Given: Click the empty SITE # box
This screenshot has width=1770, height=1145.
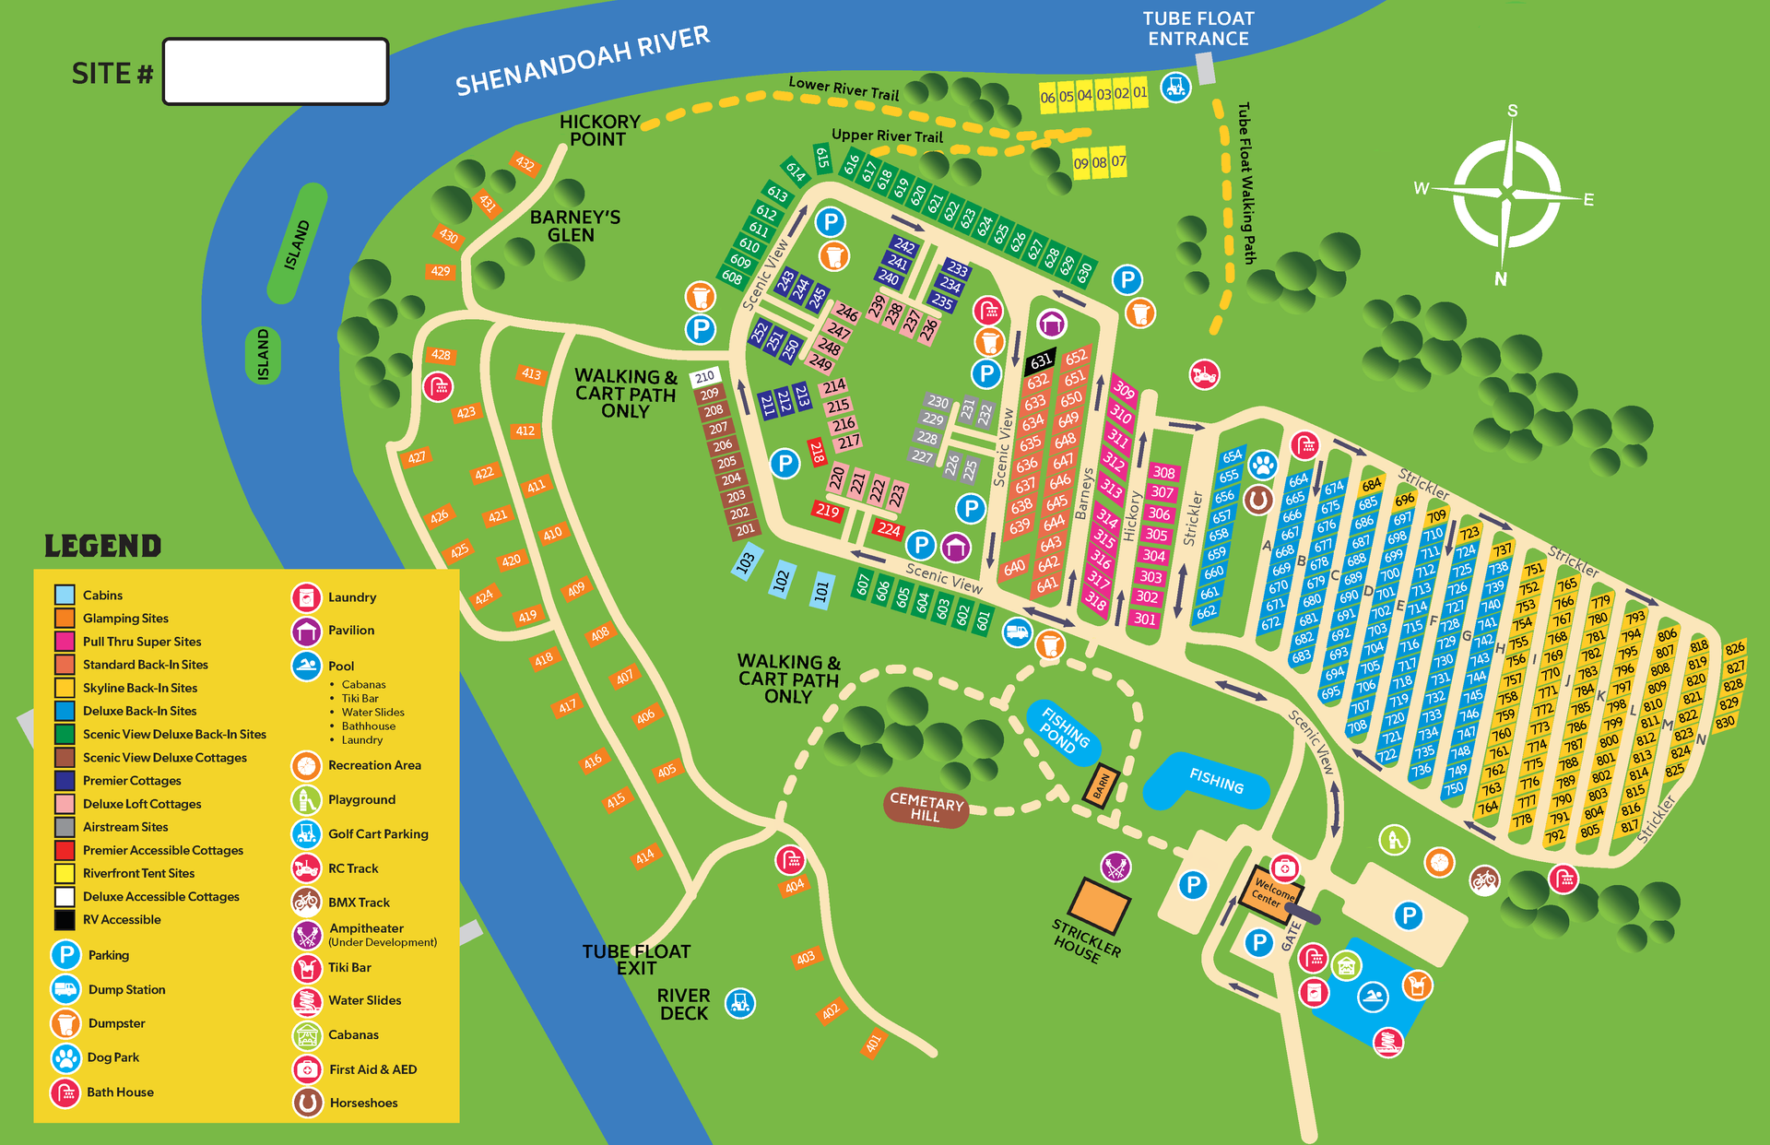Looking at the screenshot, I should [x=276, y=71].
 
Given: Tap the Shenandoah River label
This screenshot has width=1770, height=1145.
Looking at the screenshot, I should [x=583, y=61].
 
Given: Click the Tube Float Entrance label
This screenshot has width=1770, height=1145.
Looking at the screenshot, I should [x=1198, y=29].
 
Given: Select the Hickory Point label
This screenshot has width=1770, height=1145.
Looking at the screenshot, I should [x=599, y=130].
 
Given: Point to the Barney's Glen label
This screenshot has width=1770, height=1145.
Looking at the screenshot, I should [x=574, y=226].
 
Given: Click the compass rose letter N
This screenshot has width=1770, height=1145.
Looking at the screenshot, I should [x=1501, y=278].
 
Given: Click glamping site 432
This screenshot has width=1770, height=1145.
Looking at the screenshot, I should [x=525, y=164].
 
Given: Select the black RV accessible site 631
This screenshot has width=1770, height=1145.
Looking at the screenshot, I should [x=1041, y=360].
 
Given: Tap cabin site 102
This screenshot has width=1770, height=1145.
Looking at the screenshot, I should [x=782, y=580].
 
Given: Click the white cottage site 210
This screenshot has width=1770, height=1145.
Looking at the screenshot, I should [x=705, y=376].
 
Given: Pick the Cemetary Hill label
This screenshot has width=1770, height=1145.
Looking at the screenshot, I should [x=926, y=807].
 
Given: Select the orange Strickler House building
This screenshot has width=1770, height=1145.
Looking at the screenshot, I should [x=1099, y=905].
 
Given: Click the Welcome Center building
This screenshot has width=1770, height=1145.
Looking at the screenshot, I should [x=1272, y=891].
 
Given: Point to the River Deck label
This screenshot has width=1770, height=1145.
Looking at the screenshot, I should [x=683, y=1004].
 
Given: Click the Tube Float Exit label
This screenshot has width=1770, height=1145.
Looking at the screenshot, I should [x=636, y=960].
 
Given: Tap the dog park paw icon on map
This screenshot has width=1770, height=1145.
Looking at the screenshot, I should [x=1262, y=465].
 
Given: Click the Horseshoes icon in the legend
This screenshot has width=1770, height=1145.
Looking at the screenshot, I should [x=308, y=1103].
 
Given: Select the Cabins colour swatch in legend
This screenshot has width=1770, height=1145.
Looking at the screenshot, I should [x=65, y=595].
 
